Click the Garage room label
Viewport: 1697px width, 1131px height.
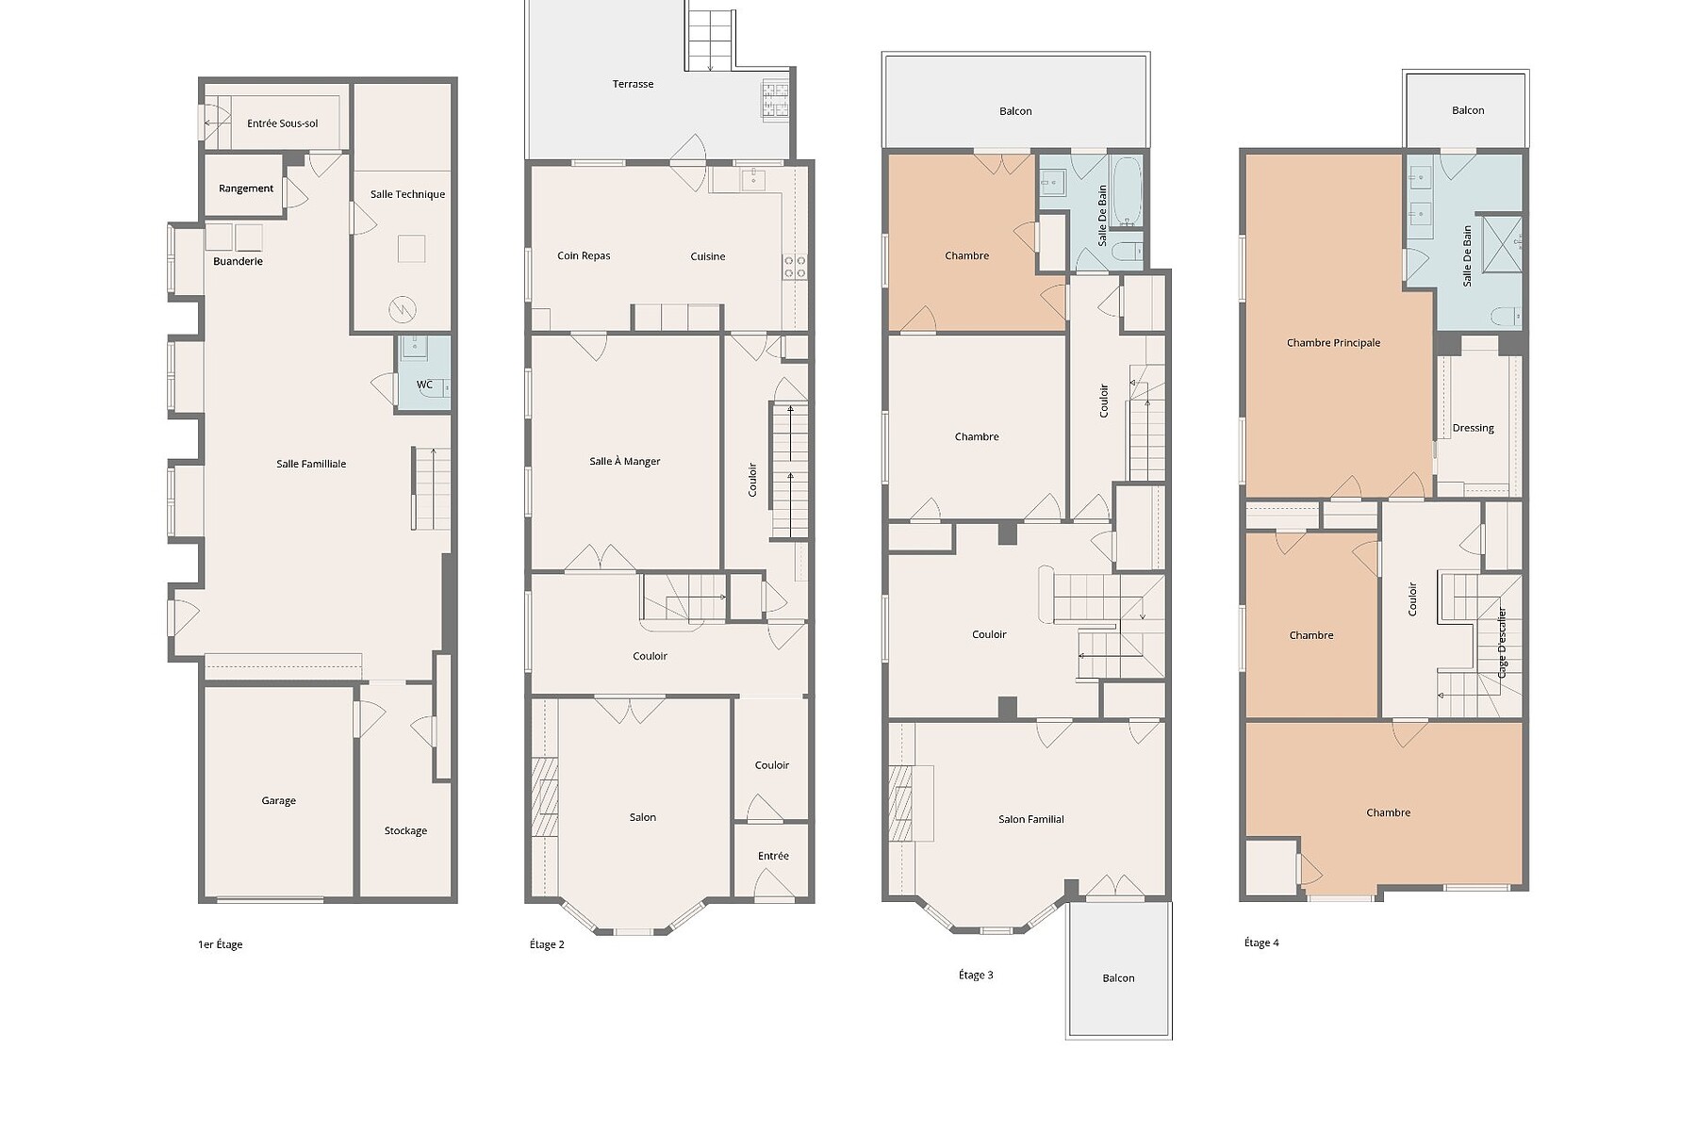click(279, 801)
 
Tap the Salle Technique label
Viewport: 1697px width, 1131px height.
click(407, 194)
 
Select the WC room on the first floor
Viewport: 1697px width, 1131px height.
click(423, 373)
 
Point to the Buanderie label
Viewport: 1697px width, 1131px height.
click(238, 261)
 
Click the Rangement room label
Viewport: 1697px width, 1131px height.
click(246, 188)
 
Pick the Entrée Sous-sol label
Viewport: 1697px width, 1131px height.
click(283, 123)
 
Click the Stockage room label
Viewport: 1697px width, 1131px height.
click(405, 831)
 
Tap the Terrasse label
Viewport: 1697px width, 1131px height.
click(634, 84)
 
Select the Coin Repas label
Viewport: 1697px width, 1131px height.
click(584, 256)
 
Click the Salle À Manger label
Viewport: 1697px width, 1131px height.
click(625, 462)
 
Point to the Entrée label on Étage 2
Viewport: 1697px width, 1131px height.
click(773, 856)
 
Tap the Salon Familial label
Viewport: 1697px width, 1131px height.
click(1031, 820)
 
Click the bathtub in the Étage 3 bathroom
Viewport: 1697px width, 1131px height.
click(1127, 192)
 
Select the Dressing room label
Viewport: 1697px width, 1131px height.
click(1474, 429)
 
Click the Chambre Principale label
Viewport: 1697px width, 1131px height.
click(1333, 343)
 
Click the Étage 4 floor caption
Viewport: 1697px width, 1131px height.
click(1261, 942)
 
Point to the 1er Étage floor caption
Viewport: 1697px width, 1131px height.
click(221, 944)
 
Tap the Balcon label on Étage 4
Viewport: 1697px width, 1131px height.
click(1468, 110)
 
